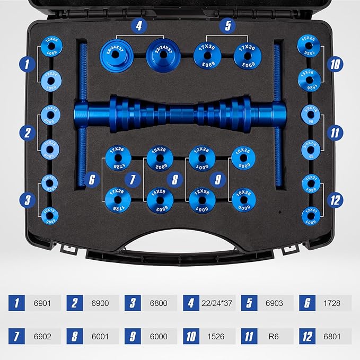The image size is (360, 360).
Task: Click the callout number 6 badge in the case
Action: (x=92, y=179)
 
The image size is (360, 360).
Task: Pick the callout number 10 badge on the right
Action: (x=335, y=65)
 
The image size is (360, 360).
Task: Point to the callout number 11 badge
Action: (x=335, y=133)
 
